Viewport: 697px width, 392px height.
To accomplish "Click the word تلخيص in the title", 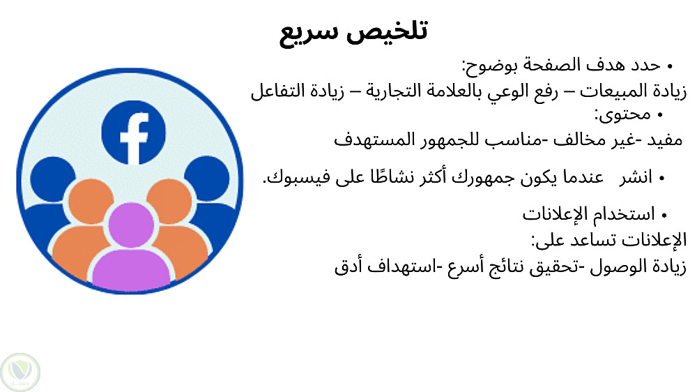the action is tap(387, 31).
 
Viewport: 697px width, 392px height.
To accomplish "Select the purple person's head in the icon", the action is tap(131, 225).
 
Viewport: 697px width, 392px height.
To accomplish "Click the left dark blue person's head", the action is tap(52, 178).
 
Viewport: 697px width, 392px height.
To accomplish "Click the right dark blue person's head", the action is tap(207, 178).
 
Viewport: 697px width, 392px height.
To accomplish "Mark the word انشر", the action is tap(636, 178).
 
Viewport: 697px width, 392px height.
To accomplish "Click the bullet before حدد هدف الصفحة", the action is tap(670, 67).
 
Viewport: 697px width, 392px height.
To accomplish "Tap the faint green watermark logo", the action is tap(20, 372).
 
